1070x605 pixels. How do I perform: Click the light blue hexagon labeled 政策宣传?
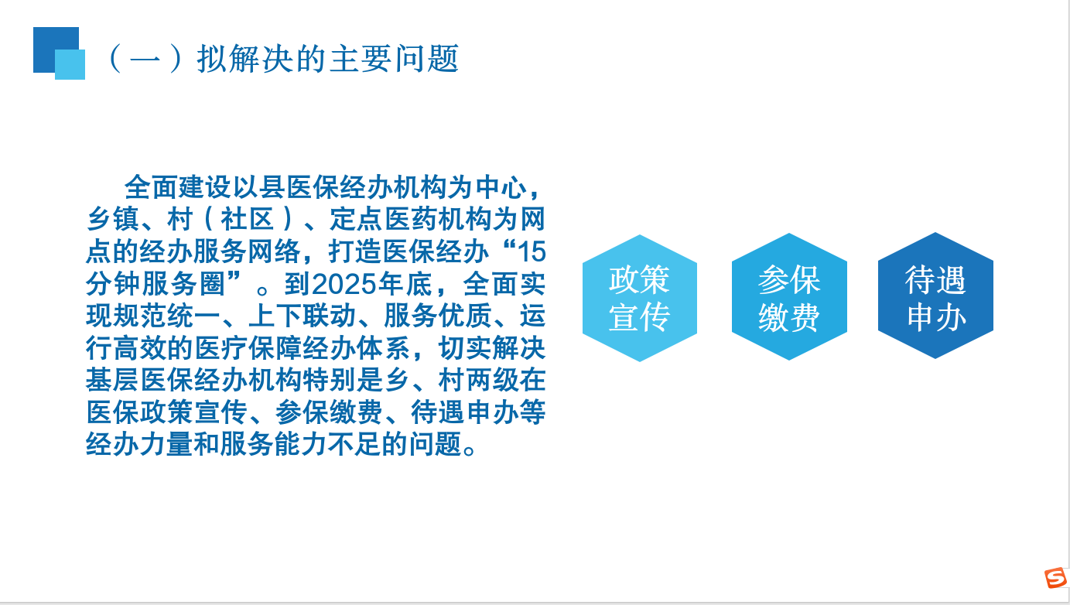click(x=640, y=298)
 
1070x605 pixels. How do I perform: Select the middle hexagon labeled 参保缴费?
click(x=789, y=296)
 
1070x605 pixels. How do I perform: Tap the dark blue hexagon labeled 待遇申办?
click(x=935, y=296)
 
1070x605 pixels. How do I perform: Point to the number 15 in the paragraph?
click(x=532, y=251)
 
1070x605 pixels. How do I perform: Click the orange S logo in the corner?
click(x=1055, y=578)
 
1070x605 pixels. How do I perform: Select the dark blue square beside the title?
click(x=56, y=50)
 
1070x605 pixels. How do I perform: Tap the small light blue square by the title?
click(x=70, y=64)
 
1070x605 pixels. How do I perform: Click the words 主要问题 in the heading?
click(x=394, y=59)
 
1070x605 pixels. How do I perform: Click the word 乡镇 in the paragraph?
click(x=113, y=219)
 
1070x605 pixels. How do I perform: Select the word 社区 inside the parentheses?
click(x=247, y=219)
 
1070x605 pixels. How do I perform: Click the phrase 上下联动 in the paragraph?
click(x=303, y=316)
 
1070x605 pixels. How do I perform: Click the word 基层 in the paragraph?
click(x=113, y=380)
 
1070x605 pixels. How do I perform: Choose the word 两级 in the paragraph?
click(x=491, y=380)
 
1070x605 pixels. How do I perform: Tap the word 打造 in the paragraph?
click(x=355, y=251)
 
